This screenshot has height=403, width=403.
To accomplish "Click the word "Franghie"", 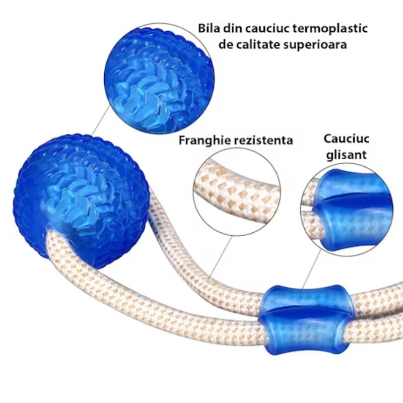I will coord(204,141).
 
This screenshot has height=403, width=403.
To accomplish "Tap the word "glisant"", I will coord(346,154).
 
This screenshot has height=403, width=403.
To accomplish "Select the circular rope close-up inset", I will coord(237,191).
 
